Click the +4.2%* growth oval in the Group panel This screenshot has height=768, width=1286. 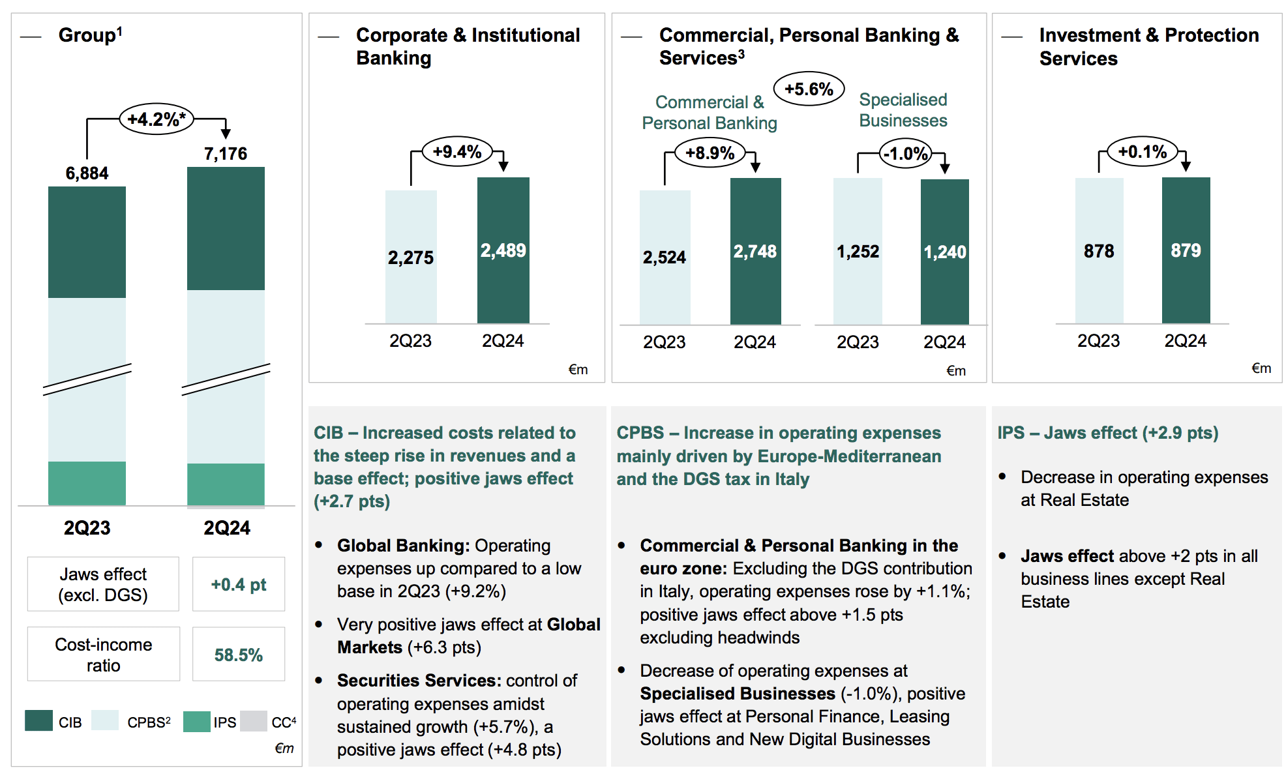[x=157, y=119]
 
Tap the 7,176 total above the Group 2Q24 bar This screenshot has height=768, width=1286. [x=226, y=154]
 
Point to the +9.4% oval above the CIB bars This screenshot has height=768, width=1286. [x=457, y=152]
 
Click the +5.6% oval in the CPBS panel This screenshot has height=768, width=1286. [x=809, y=89]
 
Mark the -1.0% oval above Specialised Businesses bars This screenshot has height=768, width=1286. [x=906, y=154]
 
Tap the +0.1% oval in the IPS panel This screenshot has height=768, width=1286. [x=1143, y=152]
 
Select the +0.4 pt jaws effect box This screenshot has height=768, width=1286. [x=239, y=584]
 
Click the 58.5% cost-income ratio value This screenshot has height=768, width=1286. [x=239, y=655]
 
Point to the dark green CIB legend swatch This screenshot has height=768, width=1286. [x=38, y=721]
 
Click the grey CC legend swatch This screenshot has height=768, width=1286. [x=254, y=721]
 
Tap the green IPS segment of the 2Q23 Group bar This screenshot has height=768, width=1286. [x=87, y=482]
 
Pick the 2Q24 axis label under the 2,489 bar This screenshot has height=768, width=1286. [x=503, y=341]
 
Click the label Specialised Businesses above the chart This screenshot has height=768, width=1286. [x=903, y=110]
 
